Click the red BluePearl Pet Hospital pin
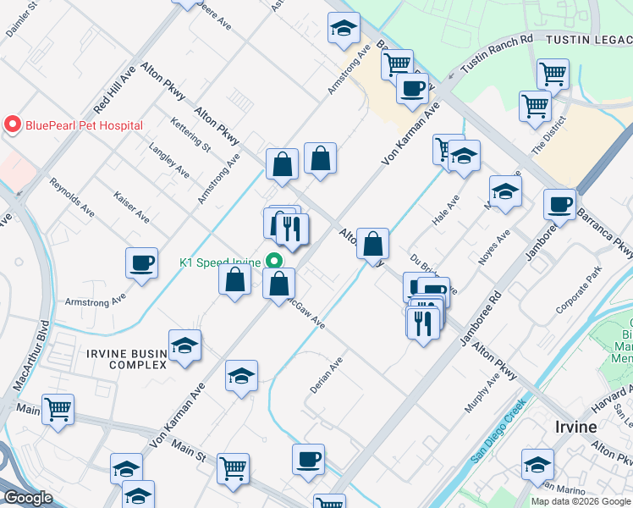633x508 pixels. click(12, 125)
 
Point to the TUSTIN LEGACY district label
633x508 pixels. click(587, 39)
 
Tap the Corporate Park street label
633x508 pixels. click(578, 291)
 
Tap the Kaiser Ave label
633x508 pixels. click(131, 207)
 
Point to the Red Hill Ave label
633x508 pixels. click(115, 91)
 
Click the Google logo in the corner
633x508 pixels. click(27, 498)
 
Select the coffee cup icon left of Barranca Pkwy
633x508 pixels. click(559, 203)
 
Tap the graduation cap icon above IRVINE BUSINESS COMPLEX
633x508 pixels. click(184, 345)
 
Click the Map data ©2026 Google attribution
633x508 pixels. click(581, 501)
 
